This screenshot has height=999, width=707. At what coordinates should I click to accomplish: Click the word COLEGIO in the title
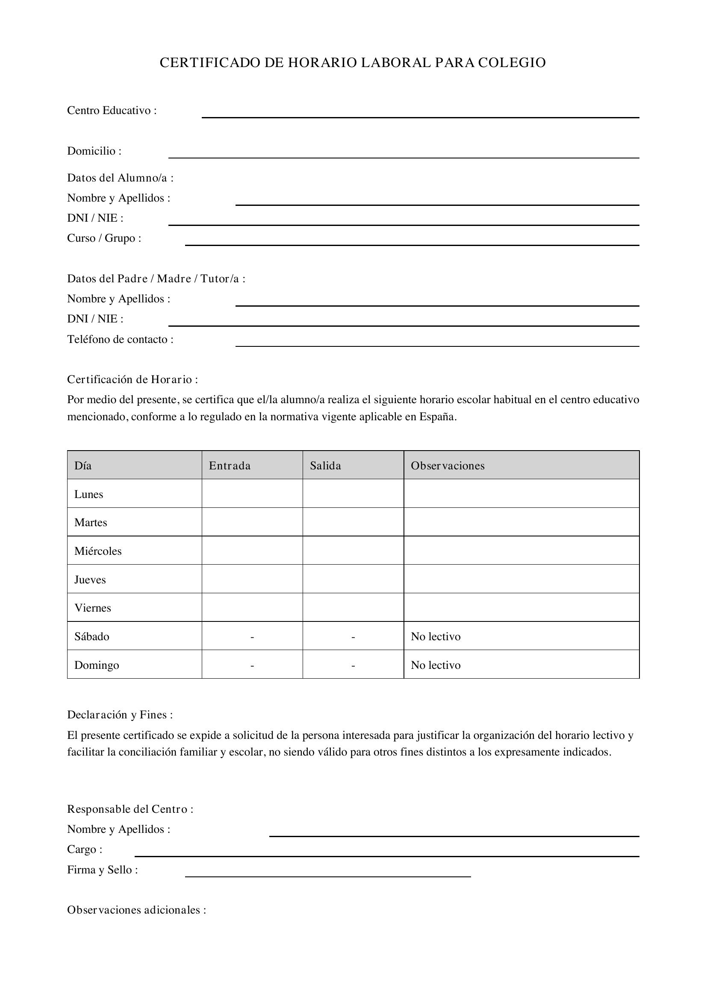(512, 63)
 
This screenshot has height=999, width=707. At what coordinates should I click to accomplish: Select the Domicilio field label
(94, 151)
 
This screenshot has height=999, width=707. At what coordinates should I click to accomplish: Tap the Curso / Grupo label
(104, 238)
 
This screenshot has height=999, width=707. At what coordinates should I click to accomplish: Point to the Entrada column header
(230, 466)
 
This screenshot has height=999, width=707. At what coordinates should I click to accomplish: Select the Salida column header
(325, 466)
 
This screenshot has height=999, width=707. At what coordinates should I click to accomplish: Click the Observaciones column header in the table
(447, 466)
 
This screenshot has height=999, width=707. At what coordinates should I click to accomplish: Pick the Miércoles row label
(98, 551)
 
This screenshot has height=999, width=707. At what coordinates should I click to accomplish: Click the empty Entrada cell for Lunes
(252, 493)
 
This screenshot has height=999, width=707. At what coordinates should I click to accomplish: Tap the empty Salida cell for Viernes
(353, 607)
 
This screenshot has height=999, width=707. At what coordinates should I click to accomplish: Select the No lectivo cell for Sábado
(435, 636)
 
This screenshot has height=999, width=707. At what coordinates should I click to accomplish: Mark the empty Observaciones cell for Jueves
(521, 579)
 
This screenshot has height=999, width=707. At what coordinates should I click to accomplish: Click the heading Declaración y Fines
(120, 715)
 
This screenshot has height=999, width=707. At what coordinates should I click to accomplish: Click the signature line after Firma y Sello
(328, 876)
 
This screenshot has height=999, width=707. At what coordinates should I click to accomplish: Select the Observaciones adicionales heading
(136, 910)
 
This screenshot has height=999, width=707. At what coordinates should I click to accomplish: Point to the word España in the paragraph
(438, 417)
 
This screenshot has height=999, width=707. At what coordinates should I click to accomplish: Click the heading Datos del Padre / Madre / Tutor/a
(156, 278)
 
